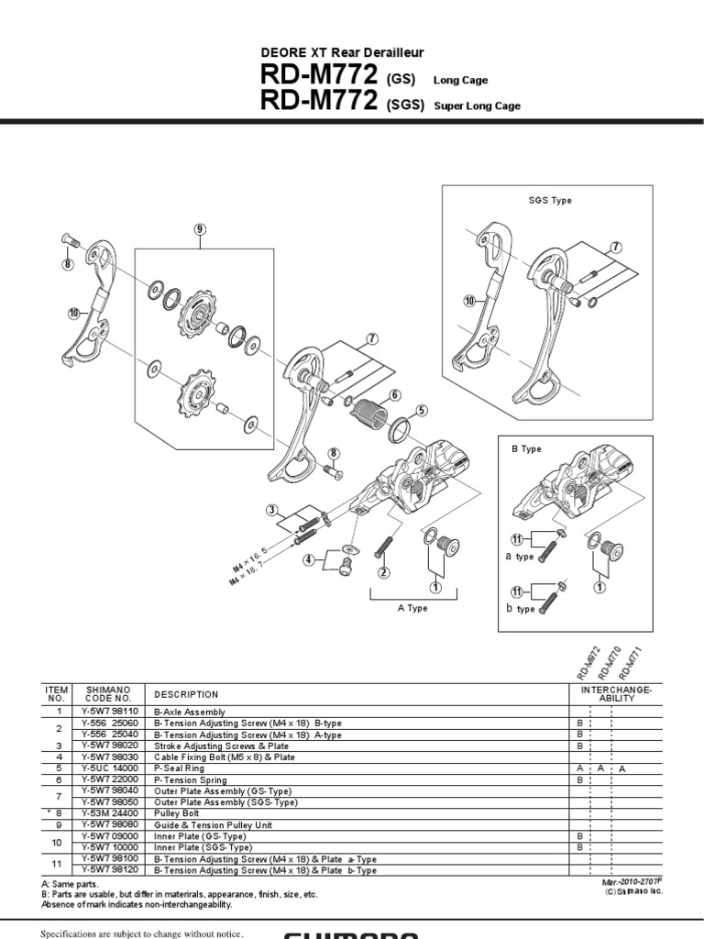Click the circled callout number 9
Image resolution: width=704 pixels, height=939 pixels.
coord(200,229)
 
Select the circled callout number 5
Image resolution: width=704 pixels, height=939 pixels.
coord(422,411)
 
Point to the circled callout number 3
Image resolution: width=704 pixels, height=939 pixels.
coord(272,511)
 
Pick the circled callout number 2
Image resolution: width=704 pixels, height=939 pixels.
coord(385,572)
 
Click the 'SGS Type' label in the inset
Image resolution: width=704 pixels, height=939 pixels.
coord(550,200)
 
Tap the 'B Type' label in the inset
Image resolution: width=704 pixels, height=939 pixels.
coord(526,449)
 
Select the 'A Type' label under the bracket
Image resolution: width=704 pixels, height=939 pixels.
coord(412,608)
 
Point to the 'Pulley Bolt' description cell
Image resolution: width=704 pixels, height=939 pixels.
coord(179,813)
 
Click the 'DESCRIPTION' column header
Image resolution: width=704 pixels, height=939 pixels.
coord(186,694)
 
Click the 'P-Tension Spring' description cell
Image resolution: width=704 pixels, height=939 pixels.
coord(188,779)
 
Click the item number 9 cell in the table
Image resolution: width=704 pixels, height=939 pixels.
coord(57,824)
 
